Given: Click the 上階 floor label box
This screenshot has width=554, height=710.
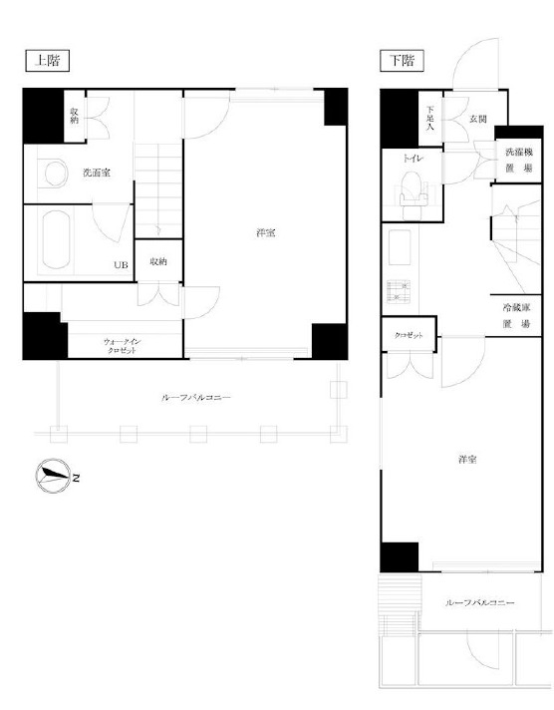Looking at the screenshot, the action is tap(47, 61).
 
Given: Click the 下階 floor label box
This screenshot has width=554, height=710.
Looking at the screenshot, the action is tap(402, 61).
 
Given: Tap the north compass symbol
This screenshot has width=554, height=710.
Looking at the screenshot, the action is tap(53, 476).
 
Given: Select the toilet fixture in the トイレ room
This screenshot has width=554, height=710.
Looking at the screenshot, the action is tap(414, 194).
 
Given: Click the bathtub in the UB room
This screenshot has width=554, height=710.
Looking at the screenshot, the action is tap(56, 240).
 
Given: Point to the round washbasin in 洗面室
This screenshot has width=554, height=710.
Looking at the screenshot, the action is tap(56, 173).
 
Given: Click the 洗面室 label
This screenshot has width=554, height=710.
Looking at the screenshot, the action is tap(97, 173).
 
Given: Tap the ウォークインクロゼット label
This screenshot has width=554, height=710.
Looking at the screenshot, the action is tap(123, 346).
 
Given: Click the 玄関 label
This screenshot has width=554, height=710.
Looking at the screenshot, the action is tap(478, 120).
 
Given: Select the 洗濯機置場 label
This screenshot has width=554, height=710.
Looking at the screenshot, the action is tap(519, 160).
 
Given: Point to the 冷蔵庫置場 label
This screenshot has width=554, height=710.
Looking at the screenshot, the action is tap(516, 315).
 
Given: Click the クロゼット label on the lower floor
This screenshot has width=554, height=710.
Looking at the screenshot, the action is tap(409, 335).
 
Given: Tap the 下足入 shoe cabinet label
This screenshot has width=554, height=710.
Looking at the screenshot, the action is tap(430, 119).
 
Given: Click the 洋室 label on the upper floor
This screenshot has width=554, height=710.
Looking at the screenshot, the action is tap(266, 233).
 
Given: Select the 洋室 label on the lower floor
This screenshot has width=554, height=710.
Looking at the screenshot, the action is tap(467, 460).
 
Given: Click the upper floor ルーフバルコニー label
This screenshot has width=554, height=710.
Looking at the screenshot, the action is tap(196, 398).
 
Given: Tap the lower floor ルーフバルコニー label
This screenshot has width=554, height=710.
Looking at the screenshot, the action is tap(480, 603).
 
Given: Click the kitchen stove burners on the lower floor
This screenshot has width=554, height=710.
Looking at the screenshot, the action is tap(399, 291).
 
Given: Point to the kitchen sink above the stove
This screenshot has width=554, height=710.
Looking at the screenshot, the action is tap(400, 247).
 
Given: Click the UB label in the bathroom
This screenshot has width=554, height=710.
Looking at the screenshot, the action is tap(121, 265).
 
